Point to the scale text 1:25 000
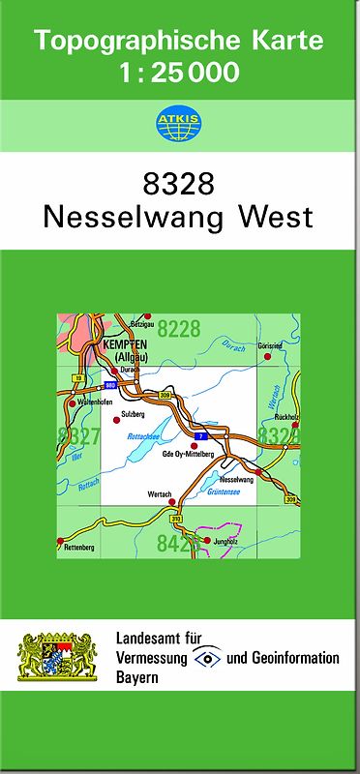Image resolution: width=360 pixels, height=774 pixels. click(x=179, y=72)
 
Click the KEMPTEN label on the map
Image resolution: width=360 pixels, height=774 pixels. click(x=124, y=345)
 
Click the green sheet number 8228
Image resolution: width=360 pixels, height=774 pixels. click(x=179, y=329)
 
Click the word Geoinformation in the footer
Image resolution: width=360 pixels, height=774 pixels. click(x=300, y=658)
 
